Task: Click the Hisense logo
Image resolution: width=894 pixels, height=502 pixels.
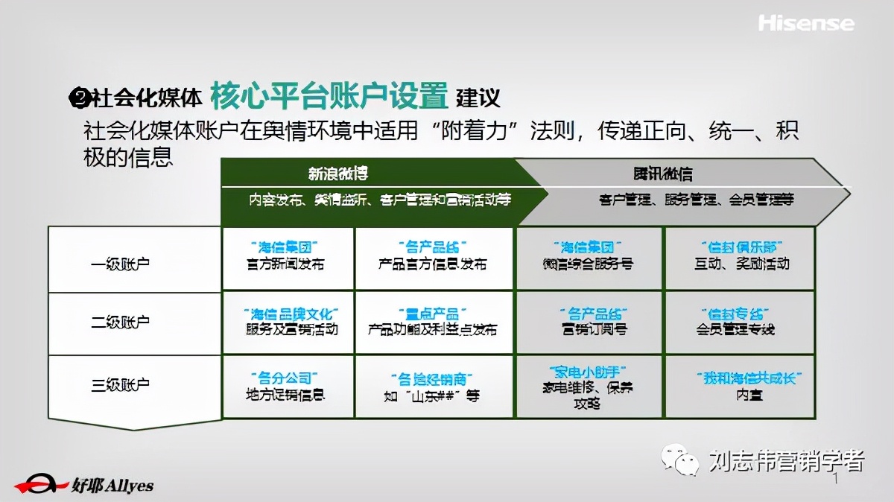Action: [x=806, y=23]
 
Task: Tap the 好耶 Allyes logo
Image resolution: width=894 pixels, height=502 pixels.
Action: [x=84, y=484]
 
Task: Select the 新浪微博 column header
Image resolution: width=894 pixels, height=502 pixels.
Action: [x=339, y=174]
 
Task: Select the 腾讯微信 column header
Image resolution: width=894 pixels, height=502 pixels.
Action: [x=663, y=174]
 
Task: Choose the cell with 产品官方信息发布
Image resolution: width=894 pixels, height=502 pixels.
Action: [x=432, y=256]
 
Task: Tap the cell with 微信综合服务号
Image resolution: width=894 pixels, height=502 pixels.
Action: [x=589, y=256]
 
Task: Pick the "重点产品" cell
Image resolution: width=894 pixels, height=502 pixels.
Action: [x=432, y=322]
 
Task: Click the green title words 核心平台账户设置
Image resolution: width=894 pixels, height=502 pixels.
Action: [x=329, y=96]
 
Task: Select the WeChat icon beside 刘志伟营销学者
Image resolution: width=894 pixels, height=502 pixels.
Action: [x=682, y=460]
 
